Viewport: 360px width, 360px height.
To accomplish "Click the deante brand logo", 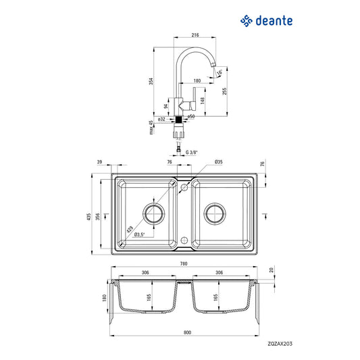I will click(x=267, y=20).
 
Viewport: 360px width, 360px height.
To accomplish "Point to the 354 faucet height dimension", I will click(x=151, y=81).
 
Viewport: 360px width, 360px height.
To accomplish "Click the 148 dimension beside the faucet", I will click(x=203, y=100).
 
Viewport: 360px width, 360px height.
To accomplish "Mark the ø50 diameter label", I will click(x=191, y=117).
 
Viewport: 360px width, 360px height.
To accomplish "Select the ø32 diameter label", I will click(x=161, y=119).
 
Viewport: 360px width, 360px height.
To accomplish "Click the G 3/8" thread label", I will click(x=193, y=153).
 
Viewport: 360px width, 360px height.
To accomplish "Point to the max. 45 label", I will click(x=151, y=126).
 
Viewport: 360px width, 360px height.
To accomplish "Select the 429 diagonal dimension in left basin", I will click(x=130, y=229).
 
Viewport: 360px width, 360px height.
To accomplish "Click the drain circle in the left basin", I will click(x=153, y=213).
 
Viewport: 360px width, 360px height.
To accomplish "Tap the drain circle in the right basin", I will click(x=216, y=213).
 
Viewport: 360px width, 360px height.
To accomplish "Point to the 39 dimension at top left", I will click(x=100, y=163).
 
